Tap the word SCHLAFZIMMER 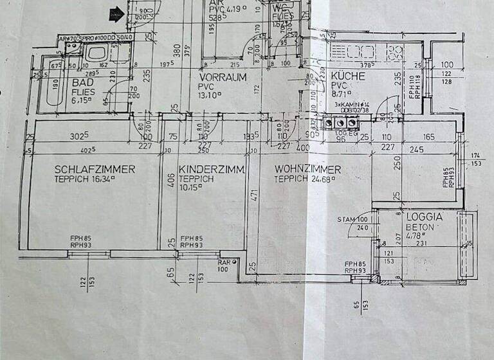point(95,170)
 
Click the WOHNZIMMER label point(307,170)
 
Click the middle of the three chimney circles point(337,121)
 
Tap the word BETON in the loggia point(421,227)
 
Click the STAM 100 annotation point(358,220)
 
